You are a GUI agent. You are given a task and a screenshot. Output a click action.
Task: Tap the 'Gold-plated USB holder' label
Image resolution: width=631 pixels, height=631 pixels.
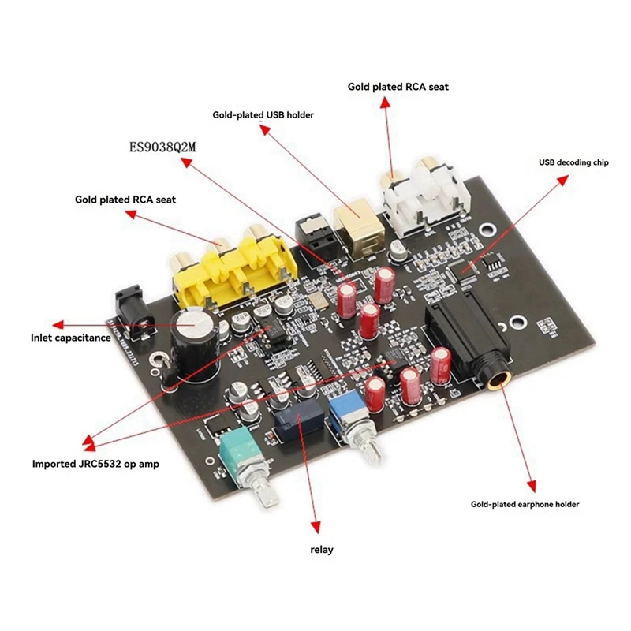[263, 115]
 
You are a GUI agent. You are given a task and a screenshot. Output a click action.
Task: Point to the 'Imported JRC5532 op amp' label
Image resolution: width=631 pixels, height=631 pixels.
[95, 464]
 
